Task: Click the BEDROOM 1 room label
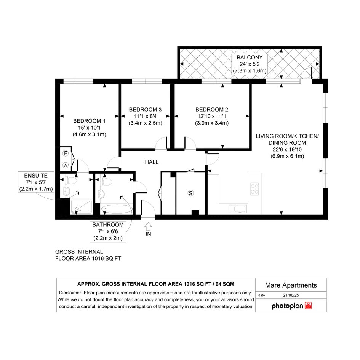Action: click(x=89, y=121)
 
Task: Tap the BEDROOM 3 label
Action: click(x=145, y=109)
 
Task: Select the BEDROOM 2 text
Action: click(x=212, y=109)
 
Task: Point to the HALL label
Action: click(x=152, y=162)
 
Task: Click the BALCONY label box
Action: click(x=250, y=64)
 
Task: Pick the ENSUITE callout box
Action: click(x=36, y=182)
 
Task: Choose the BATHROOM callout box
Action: click(x=108, y=232)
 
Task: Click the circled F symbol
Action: click(x=66, y=154)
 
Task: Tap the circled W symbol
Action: click(x=66, y=165)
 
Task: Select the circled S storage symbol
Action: click(x=190, y=193)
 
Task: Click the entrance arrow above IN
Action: click(x=148, y=227)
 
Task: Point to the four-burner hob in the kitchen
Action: click(x=254, y=189)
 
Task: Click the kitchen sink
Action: click(x=238, y=209)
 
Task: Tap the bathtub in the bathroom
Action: click(x=117, y=209)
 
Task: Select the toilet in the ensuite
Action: click(x=71, y=181)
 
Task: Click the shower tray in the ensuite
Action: click(x=81, y=207)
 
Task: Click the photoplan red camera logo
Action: click(x=308, y=306)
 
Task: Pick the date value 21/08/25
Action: click(x=291, y=295)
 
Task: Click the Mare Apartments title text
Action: click(x=291, y=285)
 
